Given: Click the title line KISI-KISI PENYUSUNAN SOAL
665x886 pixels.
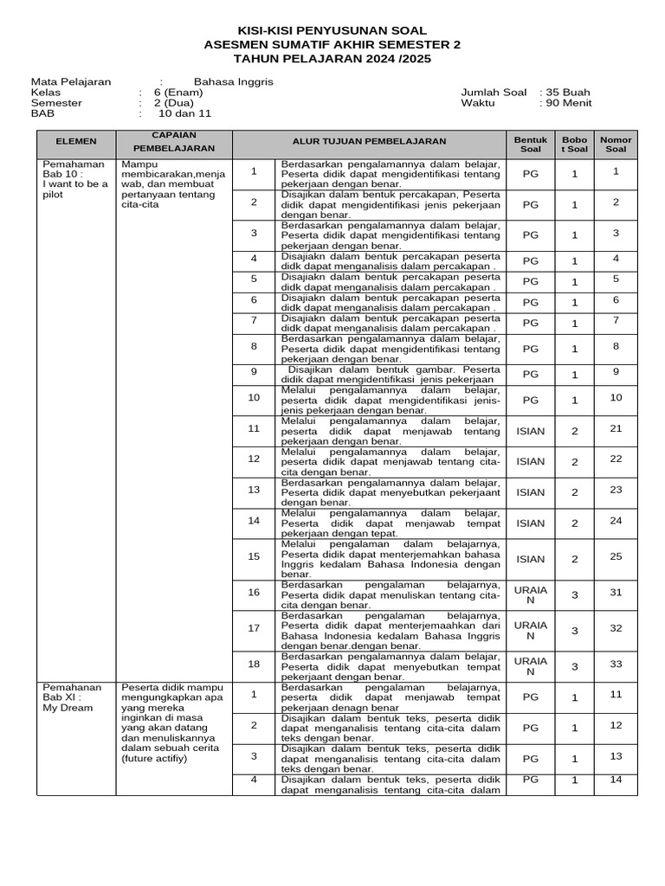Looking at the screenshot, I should [332, 30].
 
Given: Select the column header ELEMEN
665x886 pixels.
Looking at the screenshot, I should [76, 141].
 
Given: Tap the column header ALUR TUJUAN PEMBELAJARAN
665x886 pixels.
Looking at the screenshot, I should [369, 141].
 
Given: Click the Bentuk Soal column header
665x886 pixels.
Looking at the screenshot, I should [531, 144].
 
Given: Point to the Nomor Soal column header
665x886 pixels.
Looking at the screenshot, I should [616, 144].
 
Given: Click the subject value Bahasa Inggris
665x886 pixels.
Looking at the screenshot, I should [221, 81].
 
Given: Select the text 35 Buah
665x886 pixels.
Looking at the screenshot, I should [568, 92].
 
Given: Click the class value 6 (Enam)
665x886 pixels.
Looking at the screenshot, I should [178, 92].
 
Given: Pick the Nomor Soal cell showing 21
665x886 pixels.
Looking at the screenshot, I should [616, 428].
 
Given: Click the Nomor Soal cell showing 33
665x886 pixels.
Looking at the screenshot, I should [616, 664].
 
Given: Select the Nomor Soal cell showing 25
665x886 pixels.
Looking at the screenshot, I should [616, 556].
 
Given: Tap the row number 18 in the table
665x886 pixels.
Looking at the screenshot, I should [254, 664].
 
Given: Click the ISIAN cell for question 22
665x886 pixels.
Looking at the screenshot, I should [531, 461].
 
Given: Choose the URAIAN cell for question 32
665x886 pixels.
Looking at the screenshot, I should [531, 630].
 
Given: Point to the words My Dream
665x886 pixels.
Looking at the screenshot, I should [68, 708].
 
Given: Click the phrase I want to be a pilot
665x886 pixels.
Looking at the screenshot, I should [74, 189].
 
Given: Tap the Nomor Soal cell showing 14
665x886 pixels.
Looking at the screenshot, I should [616, 780].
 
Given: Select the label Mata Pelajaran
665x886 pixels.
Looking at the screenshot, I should [71, 81].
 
